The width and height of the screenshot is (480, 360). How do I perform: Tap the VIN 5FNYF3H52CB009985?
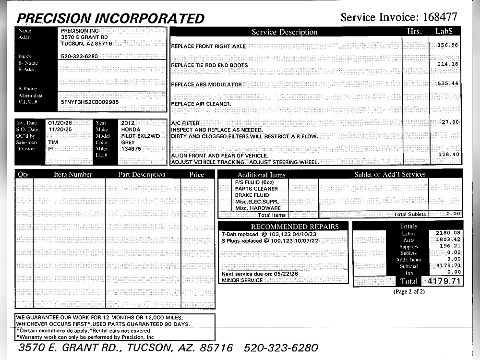(90, 102)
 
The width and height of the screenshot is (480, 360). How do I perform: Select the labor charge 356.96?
(447, 45)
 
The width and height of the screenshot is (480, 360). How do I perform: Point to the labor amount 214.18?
(447, 64)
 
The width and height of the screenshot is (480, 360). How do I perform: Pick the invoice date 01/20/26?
(60, 123)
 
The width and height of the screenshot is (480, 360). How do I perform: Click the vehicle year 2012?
(128, 123)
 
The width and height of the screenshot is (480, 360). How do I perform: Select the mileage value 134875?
(131, 149)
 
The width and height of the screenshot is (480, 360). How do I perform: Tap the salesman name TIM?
(53, 143)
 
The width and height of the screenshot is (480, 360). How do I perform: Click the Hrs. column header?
(413, 32)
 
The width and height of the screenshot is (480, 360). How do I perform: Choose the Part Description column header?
(142, 174)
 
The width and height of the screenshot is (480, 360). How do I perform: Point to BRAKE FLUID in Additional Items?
(252, 195)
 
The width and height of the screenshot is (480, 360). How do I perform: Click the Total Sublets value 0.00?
(453, 214)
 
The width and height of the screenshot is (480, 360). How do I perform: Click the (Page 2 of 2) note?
(408, 291)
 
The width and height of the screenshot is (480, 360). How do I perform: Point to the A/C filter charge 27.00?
(450, 122)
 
